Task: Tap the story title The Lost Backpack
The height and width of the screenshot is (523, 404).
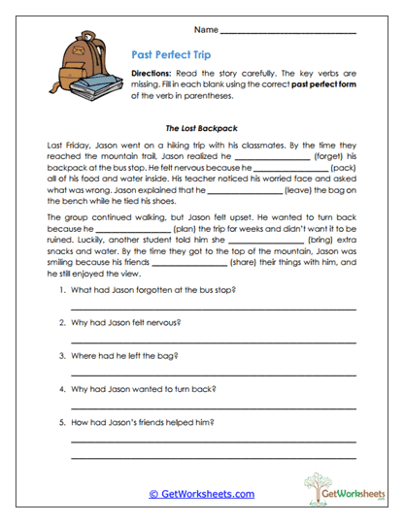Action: coord(202,127)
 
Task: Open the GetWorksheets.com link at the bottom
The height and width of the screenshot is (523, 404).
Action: coord(201,494)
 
